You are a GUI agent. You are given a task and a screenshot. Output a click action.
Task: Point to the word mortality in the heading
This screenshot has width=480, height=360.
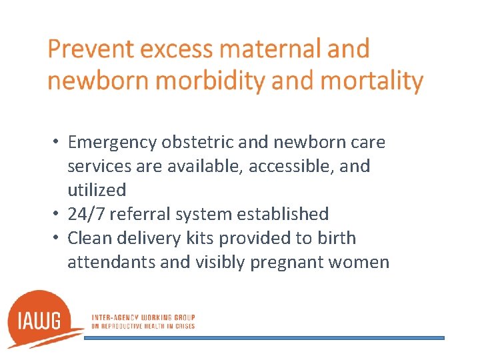pos(372,81)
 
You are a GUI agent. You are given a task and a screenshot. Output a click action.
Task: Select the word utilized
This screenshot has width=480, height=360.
pos(96,190)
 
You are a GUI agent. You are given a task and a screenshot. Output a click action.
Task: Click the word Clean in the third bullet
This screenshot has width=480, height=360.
pos(87,238)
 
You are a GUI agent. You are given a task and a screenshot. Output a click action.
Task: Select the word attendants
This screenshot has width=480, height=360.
pos(111,262)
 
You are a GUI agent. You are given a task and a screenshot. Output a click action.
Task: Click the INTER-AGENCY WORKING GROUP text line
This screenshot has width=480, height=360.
pos(143,317)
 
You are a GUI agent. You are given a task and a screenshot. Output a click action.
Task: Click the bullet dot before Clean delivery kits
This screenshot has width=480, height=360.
pos(58,239)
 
